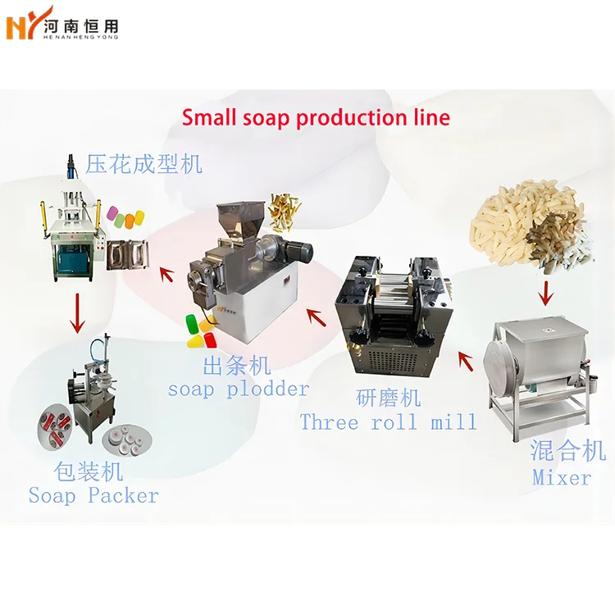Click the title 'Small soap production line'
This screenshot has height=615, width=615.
[316, 117]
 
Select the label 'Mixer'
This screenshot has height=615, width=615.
[562, 476]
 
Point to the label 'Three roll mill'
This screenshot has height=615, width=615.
[388, 422]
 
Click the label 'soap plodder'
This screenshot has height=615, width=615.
[238, 389]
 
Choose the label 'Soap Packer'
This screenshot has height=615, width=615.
[93, 495]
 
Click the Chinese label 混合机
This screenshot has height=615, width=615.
[568, 450]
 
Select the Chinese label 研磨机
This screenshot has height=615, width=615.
[388, 398]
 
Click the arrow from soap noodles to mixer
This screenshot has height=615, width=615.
[542, 291]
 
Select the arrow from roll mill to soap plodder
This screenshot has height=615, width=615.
[312, 314]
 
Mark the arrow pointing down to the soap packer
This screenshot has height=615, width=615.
[78, 312]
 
